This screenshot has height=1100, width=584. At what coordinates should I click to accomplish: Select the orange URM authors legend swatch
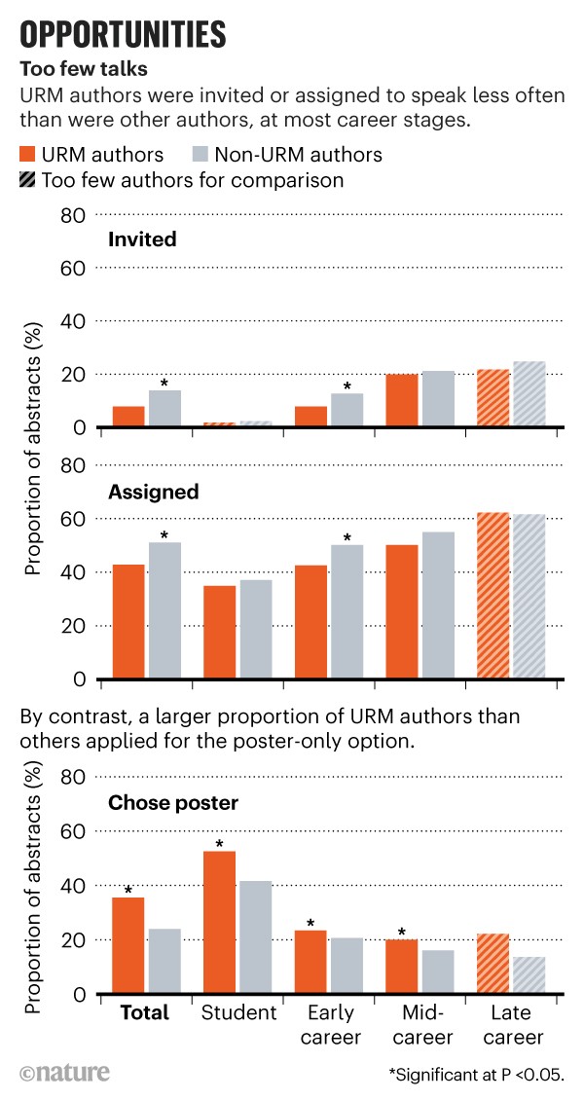(x=29, y=155)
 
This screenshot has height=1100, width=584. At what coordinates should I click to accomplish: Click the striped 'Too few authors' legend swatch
(x=29, y=180)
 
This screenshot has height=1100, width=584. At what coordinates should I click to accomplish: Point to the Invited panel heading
(x=142, y=239)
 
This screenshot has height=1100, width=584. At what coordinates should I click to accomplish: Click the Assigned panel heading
(x=154, y=492)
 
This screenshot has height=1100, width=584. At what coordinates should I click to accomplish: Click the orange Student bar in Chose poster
(x=219, y=922)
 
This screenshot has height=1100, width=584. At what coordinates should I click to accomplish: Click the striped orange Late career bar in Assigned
(x=493, y=595)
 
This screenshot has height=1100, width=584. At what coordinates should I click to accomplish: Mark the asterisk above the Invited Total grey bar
(x=164, y=383)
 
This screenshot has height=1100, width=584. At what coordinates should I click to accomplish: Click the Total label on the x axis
(x=144, y=1012)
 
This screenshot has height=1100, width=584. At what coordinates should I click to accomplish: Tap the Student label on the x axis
(x=238, y=1012)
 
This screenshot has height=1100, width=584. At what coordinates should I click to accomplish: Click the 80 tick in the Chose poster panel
(x=75, y=777)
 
